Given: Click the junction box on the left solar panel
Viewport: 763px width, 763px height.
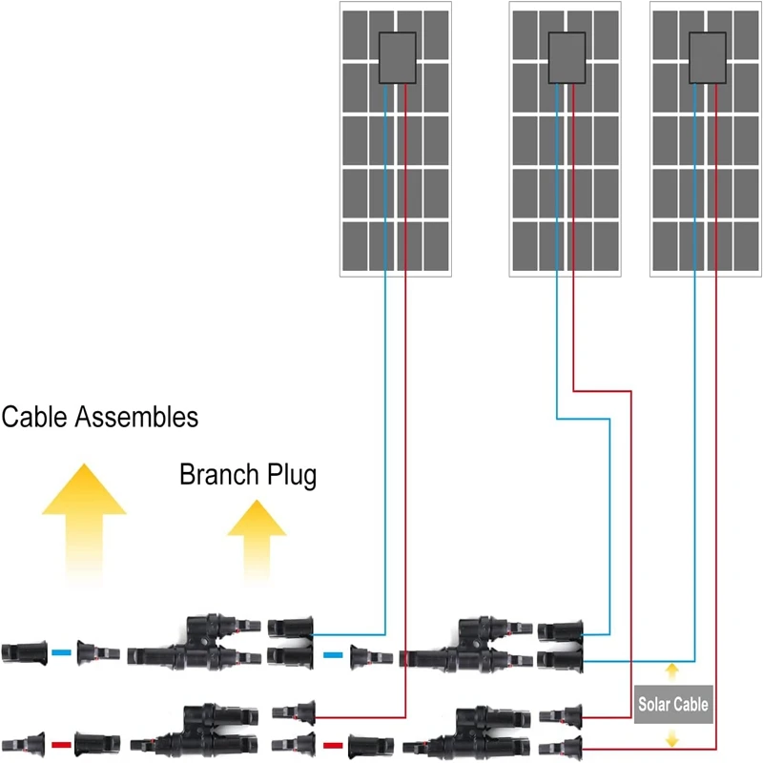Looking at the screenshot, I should pyautogui.click(x=397, y=58).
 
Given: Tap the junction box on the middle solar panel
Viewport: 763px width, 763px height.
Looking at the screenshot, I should pyautogui.click(x=566, y=58).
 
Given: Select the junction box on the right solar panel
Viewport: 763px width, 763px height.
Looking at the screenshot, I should pyautogui.click(x=705, y=58).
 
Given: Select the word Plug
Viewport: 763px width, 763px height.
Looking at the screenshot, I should pyautogui.click(x=290, y=476).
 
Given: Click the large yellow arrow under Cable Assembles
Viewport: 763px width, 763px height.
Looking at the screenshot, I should pyautogui.click(x=84, y=520).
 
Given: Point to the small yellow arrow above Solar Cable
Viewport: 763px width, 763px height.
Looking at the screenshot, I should pyautogui.click(x=672, y=670).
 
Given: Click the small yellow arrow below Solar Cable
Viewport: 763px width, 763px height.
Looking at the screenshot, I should pyautogui.click(x=672, y=736).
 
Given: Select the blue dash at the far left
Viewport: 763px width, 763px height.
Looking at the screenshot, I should pyautogui.click(x=61, y=653).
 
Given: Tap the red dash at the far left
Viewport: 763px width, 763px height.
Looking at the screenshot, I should pyautogui.click(x=61, y=742).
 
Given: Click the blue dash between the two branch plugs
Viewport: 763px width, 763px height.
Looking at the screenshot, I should pyautogui.click(x=333, y=654).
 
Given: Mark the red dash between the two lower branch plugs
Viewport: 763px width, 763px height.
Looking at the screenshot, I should pyautogui.click(x=333, y=743).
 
